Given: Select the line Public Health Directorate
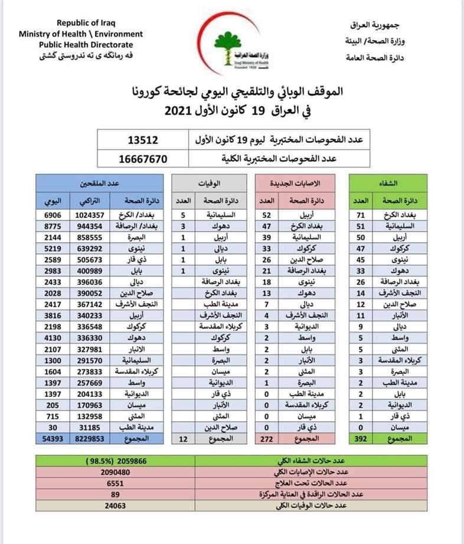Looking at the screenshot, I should (x=86, y=44).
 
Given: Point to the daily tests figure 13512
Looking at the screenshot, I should (x=143, y=141).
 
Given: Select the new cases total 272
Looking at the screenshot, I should (x=266, y=439).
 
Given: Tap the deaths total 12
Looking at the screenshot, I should (x=183, y=439).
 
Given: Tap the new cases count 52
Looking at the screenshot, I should (x=266, y=216).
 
